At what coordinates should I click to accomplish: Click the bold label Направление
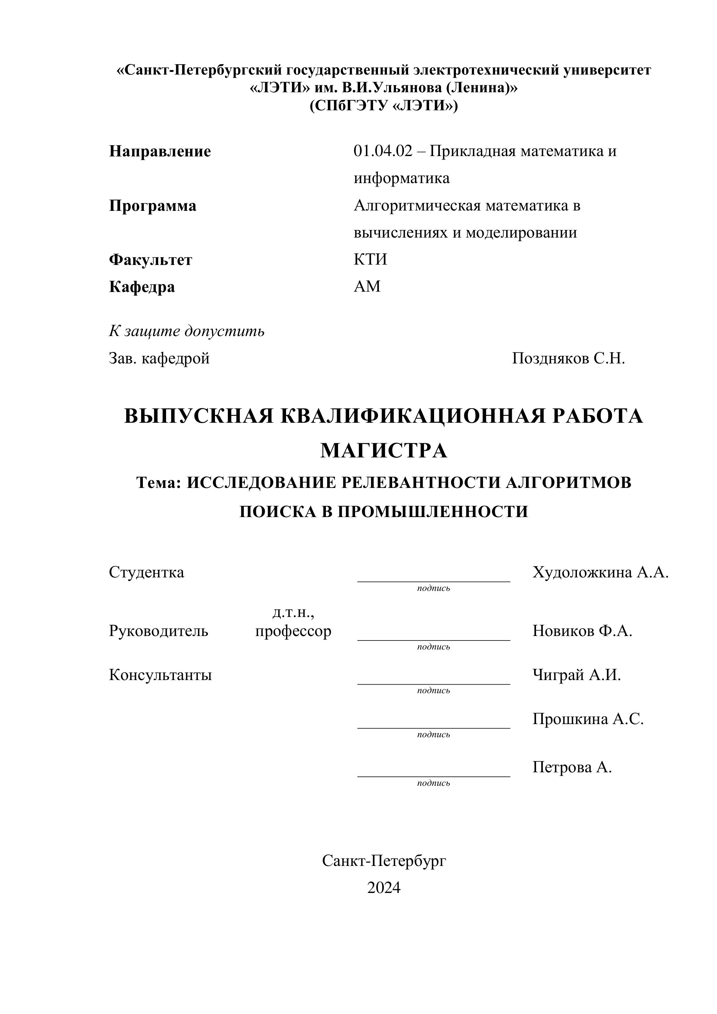(x=160, y=152)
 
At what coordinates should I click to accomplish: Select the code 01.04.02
(x=383, y=151)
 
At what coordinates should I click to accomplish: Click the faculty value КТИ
(x=370, y=259)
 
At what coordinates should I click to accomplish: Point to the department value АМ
(x=367, y=287)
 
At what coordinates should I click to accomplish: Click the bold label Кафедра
(x=142, y=287)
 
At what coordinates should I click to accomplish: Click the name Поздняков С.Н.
(x=568, y=359)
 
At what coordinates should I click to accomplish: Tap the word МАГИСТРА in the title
(x=383, y=451)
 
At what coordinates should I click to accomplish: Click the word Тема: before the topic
(x=159, y=483)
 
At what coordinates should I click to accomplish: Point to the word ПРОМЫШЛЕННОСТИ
(x=433, y=512)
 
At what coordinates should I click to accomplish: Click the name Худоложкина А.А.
(x=601, y=572)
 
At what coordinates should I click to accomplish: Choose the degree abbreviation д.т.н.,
(x=293, y=612)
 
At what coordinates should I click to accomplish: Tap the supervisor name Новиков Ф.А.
(x=582, y=631)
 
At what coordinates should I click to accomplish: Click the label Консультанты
(x=160, y=675)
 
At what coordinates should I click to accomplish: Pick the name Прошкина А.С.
(x=588, y=719)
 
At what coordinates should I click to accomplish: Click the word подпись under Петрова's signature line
(x=433, y=783)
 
